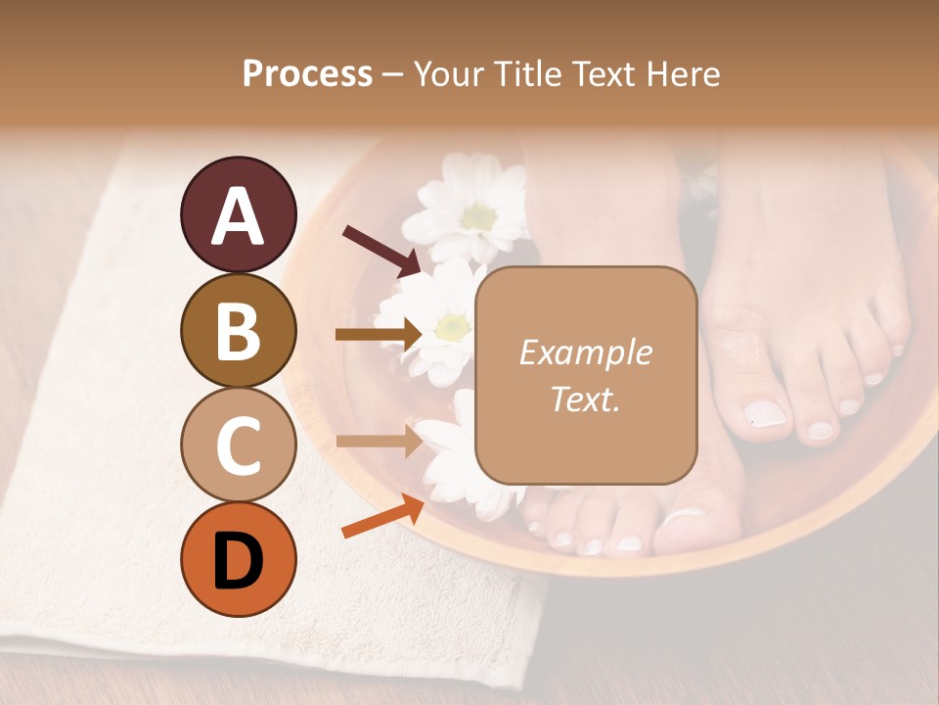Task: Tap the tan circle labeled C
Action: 238,445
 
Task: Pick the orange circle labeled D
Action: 238,559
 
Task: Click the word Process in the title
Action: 307,73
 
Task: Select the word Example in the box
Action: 585,352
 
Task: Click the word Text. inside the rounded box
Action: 585,399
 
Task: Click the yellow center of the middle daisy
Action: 451,326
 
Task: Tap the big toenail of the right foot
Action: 766,414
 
